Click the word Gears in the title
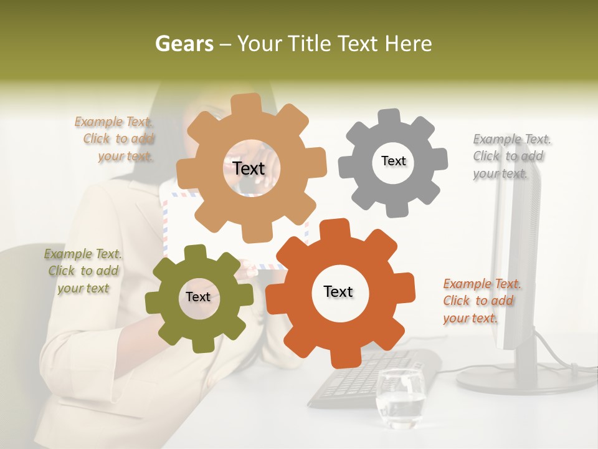[x=184, y=44]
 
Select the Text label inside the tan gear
[x=249, y=168]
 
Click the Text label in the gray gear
[x=393, y=161]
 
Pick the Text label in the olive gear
[x=198, y=297]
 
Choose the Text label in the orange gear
[x=338, y=291]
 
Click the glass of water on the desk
[x=399, y=399]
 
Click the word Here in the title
[x=409, y=44]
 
